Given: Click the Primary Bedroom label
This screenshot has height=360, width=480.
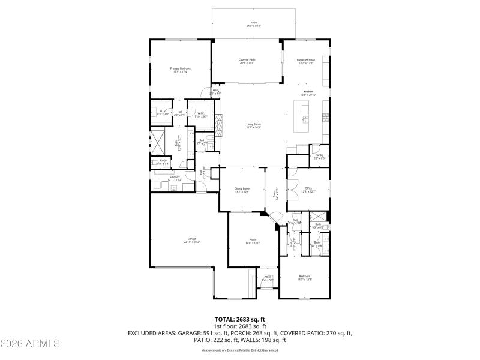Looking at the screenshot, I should tap(180, 68).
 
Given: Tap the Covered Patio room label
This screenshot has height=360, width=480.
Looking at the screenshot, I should tap(247, 59).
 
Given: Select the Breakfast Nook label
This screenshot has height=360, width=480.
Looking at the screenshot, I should tap(305, 59).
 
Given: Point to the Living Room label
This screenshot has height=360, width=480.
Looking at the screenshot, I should tap(253, 124).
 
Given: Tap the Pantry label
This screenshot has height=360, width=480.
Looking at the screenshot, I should tap(319, 155).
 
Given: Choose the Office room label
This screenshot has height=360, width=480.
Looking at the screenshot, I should tap(308, 188).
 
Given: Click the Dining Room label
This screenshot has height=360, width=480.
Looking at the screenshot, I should tap(242, 189).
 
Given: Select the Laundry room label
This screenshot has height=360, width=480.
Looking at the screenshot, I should tap(175, 176).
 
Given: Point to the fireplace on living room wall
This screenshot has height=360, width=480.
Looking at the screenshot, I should tap(220, 125).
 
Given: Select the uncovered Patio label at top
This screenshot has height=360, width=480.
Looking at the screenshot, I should tap(253, 24).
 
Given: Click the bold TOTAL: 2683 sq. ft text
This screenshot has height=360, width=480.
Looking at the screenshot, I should tap(239, 319).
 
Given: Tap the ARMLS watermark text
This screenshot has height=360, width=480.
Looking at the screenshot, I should tap(30, 344).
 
